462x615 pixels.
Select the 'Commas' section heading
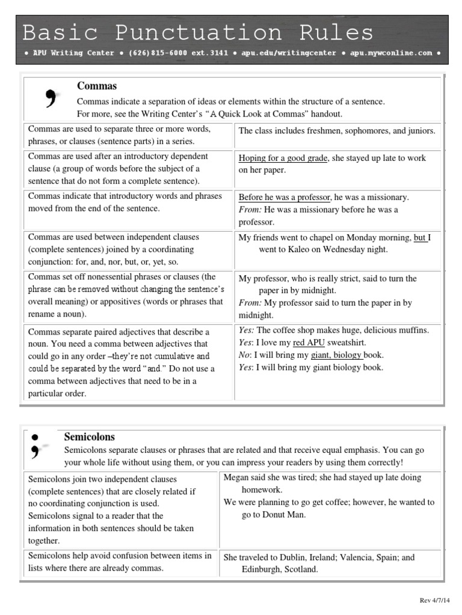pos(96,86)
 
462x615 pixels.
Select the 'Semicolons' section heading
pos(89,437)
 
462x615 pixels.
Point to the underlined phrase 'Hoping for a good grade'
pos(283,158)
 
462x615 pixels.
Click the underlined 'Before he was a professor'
pos(285,197)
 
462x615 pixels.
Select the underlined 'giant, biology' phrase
pos(337,355)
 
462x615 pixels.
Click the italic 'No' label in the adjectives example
pos(244,355)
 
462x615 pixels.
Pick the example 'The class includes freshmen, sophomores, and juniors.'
pos(337,130)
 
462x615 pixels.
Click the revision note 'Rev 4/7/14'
pos(432,601)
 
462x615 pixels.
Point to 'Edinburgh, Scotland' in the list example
pos(279,569)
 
